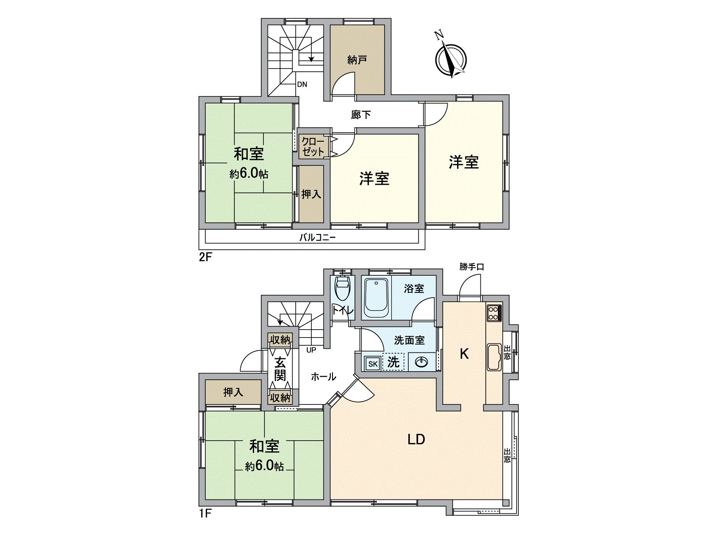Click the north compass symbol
(x=450, y=59)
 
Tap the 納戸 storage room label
(x=357, y=60)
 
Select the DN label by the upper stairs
(x=302, y=84)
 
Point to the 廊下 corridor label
(x=361, y=115)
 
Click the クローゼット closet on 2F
(x=312, y=147)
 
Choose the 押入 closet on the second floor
(x=311, y=194)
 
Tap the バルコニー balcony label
(x=317, y=237)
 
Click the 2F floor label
(x=205, y=257)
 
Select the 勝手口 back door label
(x=471, y=267)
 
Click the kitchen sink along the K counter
(x=495, y=357)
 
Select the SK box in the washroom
(x=373, y=364)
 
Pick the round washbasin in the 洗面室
(x=422, y=362)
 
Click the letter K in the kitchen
(x=464, y=354)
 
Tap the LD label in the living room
(x=416, y=439)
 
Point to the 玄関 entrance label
(x=280, y=368)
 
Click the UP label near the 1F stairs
(x=311, y=350)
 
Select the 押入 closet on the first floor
(x=233, y=392)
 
